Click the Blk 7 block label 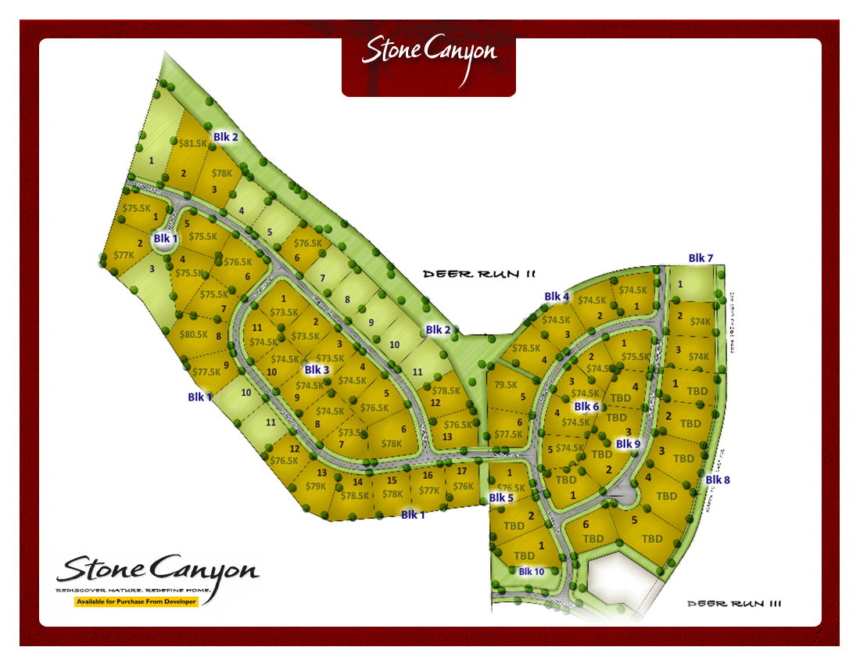[701, 258]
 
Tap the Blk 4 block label [557, 297]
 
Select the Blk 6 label [586, 407]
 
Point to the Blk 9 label [628, 444]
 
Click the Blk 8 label [718, 480]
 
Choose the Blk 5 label [501, 498]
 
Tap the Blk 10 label [532, 571]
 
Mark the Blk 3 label [317, 369]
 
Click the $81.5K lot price [193, 144]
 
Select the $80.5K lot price [194, 335]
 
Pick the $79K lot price [315, 487]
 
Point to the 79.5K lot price [507, 385]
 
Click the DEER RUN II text [478, 275]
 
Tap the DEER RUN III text [735, 603]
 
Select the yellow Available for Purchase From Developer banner [136, 602]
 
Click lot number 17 [461, 471]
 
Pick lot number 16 [427, 476]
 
